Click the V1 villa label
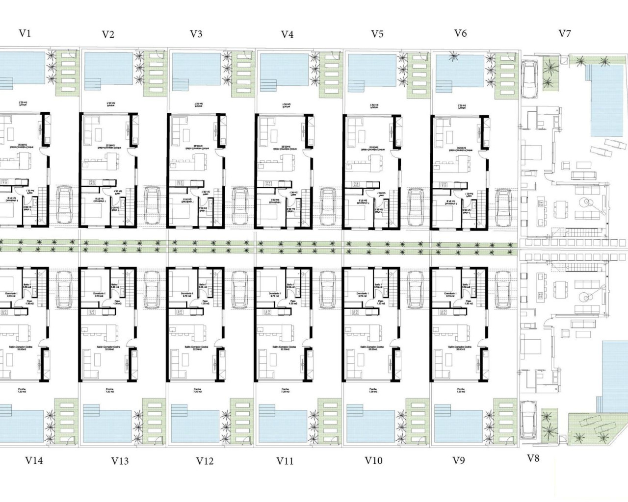pyautogui.click(x=25, y=33)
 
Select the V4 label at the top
pyautogui.click(x=288, y=34)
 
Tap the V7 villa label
pyautogui.click(x=565, y=33)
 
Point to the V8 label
pyautogui.click(x=533, y=458)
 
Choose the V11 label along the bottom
pyautogui.click(x=285, y=461)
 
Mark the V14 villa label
pyautogui.click(x=34, y=461)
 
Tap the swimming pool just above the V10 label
pyautogui.click(x=371, y=423)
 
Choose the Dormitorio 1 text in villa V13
pyautogui.click(x=100, y=294)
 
